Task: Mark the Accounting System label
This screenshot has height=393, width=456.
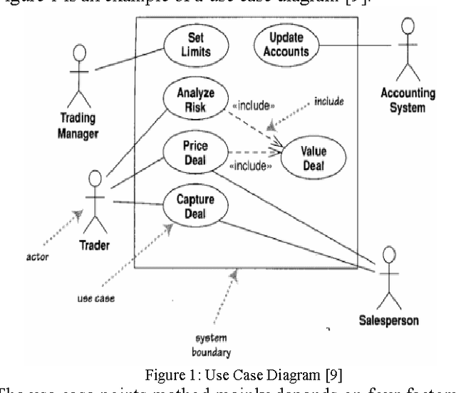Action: click(403, 101)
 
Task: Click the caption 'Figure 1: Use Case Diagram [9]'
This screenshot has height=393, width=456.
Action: click(228, 376)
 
